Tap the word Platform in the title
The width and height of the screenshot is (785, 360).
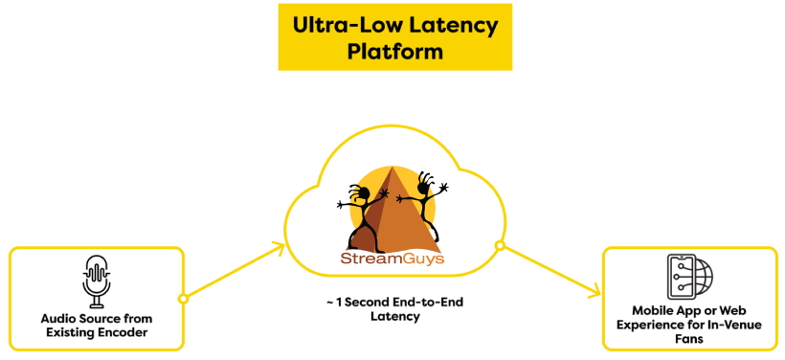395,52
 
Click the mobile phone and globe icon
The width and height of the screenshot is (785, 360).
688,276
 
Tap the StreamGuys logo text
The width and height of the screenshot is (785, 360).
392,258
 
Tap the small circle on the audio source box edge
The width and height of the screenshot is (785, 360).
183,298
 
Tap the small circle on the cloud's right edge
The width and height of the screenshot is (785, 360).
499,246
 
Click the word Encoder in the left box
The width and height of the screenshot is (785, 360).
126,331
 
